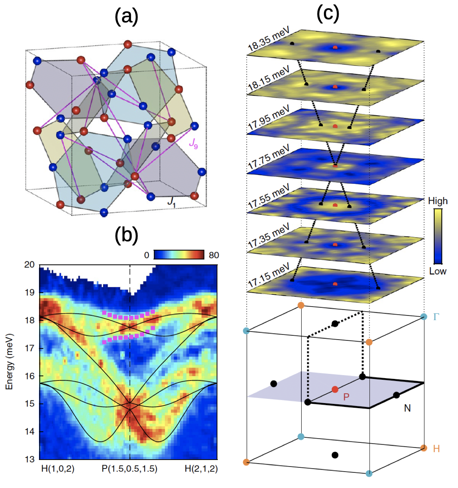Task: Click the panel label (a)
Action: [126, 17]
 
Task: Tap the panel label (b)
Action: [126, 235]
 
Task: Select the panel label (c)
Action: [328, 13]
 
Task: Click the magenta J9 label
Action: [193, 144]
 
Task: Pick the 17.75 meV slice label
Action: [269, 157]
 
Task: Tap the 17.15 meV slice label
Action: [269, 275]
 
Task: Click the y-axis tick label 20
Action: [30, 265]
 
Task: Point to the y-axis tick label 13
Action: [30, 459]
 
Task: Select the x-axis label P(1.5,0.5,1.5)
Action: [129, 469]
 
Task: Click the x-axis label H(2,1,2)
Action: [201, 469]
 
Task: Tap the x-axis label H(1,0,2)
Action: [58, 469]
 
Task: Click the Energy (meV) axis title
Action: [9, 361]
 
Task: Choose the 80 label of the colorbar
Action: [214, 255]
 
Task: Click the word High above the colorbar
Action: [438, 201]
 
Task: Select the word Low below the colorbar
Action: [438, 271]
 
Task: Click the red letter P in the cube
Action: [346, 397]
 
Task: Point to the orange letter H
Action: [437, 449]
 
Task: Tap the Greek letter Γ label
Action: [436, 317]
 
